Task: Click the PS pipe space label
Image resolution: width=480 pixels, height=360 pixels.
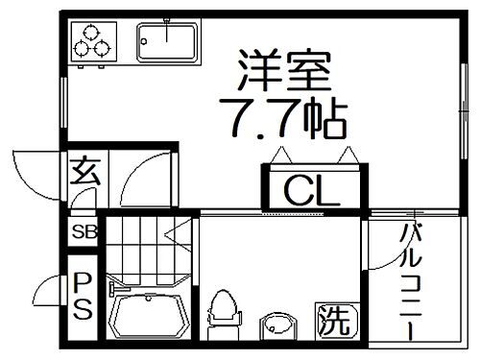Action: (82, 297)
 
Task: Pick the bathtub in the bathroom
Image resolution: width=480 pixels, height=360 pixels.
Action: (146, 315)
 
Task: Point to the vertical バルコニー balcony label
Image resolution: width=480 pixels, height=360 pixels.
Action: (410, 280)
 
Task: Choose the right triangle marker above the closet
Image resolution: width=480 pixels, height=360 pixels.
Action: (348, 155)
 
